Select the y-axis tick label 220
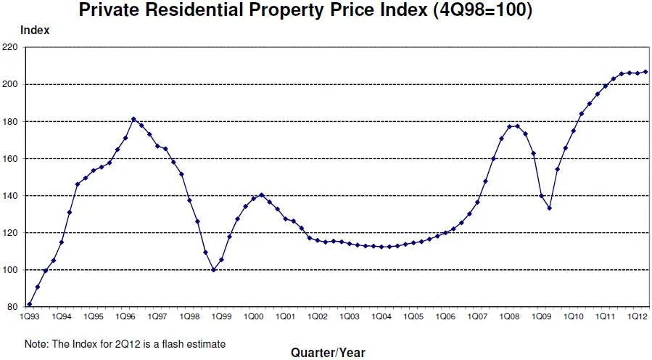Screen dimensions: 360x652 click(10, 47)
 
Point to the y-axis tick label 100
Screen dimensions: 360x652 click(10, 270)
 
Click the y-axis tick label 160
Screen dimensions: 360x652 click(10, 158)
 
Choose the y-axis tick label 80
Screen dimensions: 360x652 click(12, 307)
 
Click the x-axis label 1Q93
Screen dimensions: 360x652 click(30, 318)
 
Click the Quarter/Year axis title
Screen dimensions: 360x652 click(328, 353)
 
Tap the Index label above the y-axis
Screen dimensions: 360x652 click(36, 30)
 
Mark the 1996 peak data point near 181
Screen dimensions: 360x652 click(133, 119)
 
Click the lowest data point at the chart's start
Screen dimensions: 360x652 click(30, 304)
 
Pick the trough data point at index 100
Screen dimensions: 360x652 click(213, 270)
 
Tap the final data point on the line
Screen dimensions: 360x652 click(645, 71)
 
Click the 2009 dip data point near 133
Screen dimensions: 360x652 click(549, 208)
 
